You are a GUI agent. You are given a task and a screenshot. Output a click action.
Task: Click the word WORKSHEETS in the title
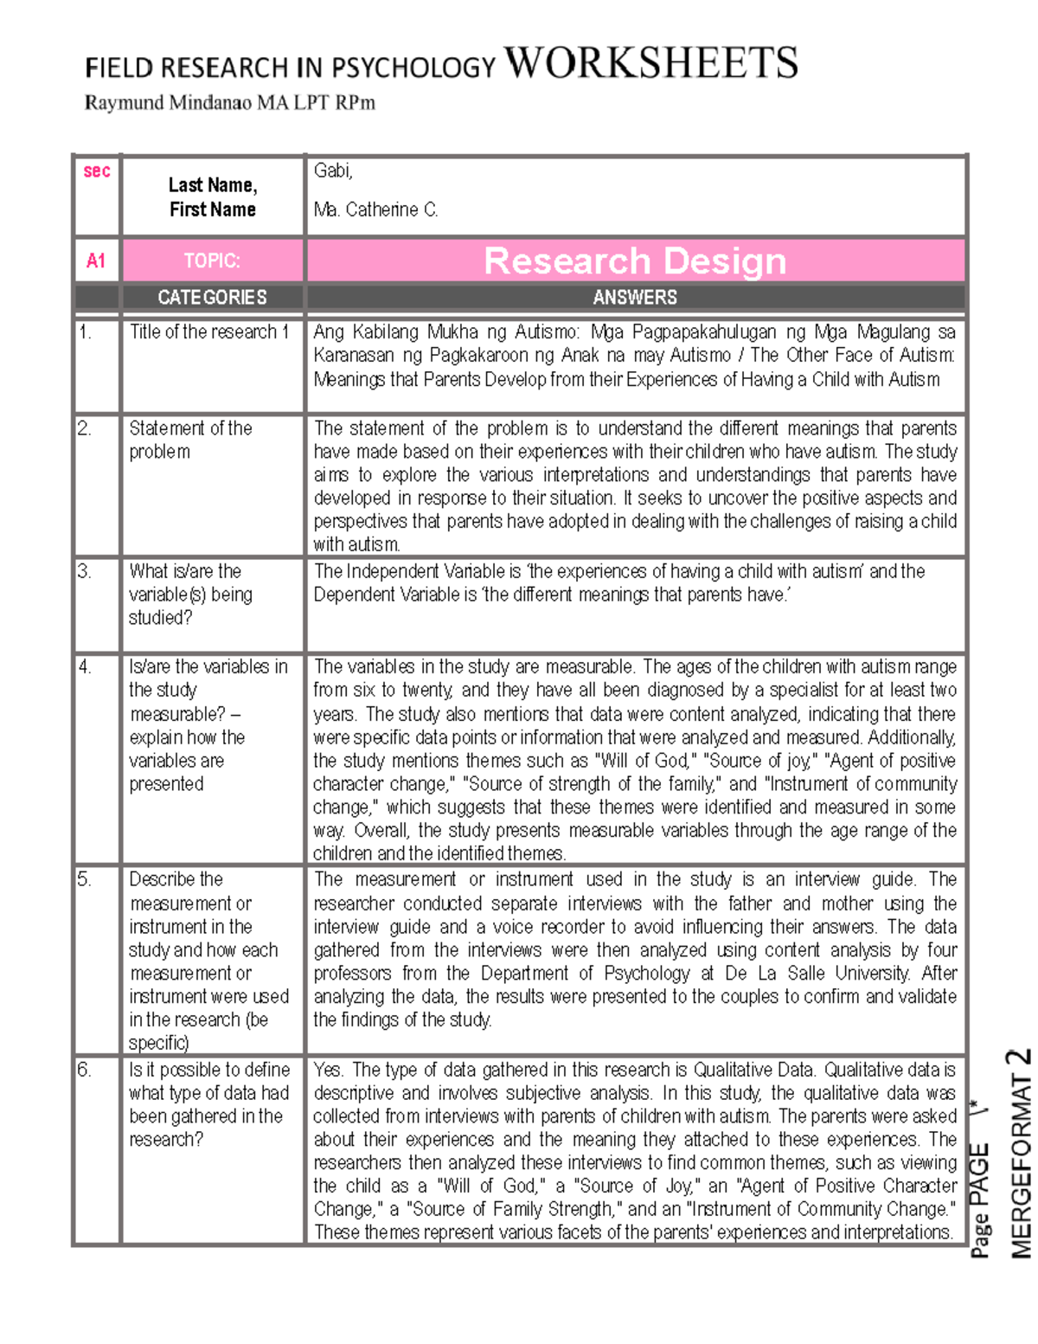point(650,63)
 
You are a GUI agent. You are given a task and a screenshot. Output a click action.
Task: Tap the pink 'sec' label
point(96,171)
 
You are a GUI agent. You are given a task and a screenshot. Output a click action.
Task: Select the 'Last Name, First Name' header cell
point(212,197)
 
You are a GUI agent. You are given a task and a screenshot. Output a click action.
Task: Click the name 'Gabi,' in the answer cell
point(333,170)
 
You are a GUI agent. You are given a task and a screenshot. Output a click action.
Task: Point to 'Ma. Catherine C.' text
point(375,209)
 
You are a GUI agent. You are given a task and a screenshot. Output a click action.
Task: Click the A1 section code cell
point(96,260)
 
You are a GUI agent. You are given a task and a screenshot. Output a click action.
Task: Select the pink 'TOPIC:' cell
point(212,260)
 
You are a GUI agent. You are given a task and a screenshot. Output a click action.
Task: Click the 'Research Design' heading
point(634,260)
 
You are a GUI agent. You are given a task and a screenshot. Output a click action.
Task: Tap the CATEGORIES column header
point(212,298)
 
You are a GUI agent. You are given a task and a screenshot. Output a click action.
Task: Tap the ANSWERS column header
point(634,298)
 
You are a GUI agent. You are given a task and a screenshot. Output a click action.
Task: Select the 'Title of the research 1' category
point(208,332)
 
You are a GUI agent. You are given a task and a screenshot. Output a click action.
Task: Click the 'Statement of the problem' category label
point(190,440)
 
